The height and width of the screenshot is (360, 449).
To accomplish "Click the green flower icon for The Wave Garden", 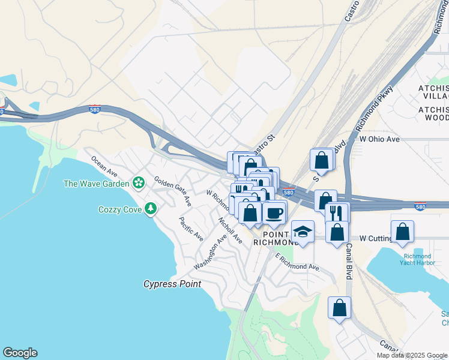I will tap(139, 182).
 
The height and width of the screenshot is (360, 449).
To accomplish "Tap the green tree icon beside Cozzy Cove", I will tap(151, 209).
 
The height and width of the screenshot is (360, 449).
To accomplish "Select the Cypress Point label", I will tap(172, 284).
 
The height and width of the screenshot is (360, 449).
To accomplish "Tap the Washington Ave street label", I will tap(210, 252).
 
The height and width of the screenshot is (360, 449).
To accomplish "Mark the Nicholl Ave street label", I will tap(230, 230).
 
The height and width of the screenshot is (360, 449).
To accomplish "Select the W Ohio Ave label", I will tap(379, 139).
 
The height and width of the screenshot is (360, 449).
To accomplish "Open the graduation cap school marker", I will tap(303, 232).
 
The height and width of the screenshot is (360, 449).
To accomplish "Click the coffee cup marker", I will tap(274, 212).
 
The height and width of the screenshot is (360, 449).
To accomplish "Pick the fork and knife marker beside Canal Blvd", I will tap(336, 212).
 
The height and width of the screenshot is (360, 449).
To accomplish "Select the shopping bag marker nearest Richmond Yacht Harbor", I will tap(402, 231).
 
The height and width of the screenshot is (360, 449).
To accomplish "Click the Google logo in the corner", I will tap(20, 353).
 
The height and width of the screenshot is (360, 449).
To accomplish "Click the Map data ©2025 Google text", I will tap(412, 355).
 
